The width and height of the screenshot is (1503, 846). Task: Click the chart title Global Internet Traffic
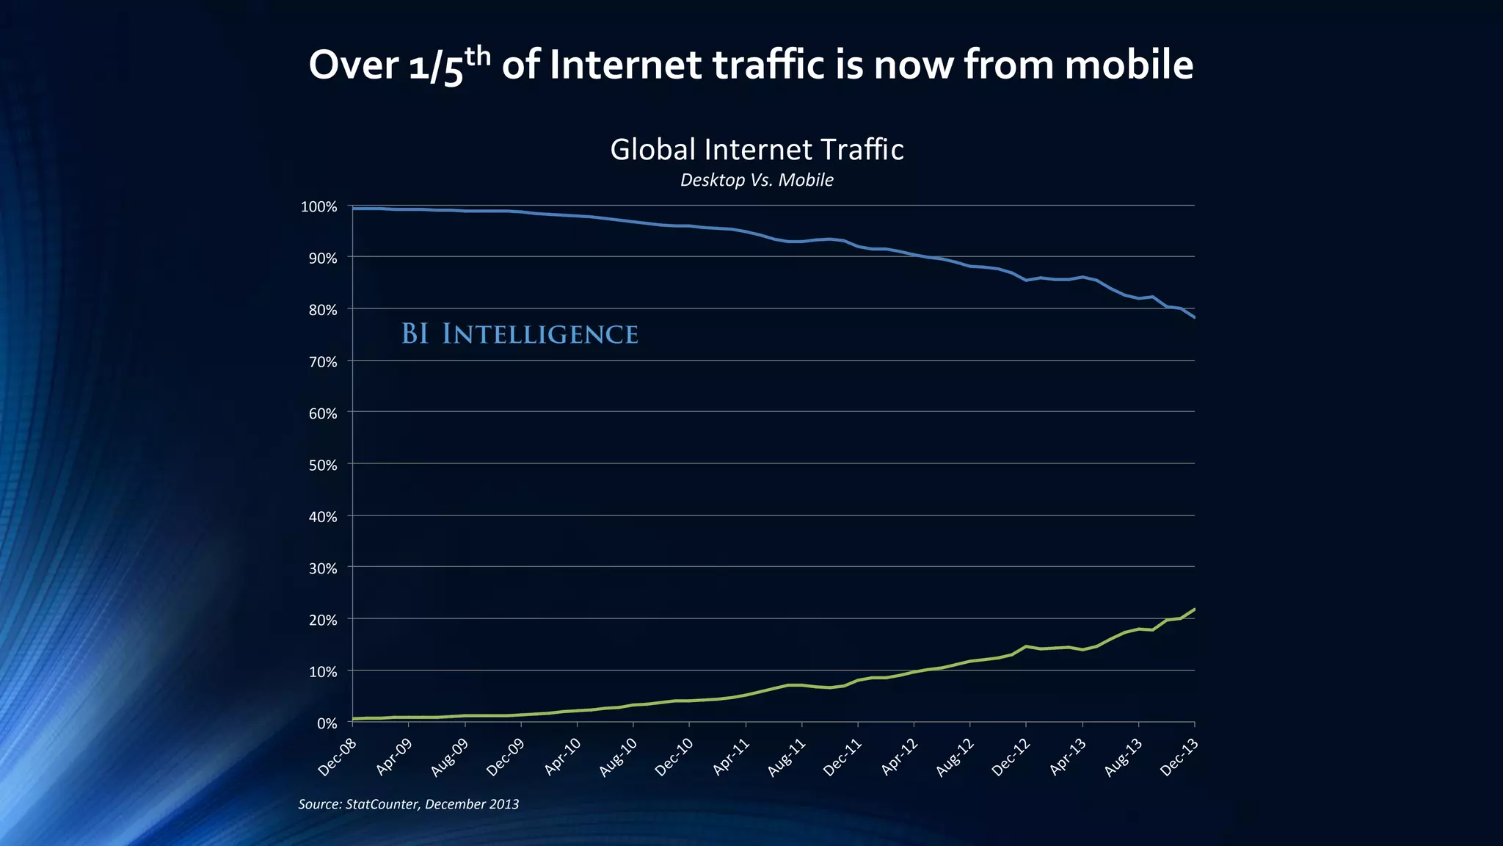[x=757, y=150]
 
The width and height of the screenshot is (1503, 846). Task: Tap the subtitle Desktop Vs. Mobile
[x=757, y=180]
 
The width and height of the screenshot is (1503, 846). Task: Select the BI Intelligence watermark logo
[x=520, y=334]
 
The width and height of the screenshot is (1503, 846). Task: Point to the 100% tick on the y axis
[x=319, y=206]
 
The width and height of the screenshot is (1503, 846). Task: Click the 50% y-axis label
[x=321, y=465]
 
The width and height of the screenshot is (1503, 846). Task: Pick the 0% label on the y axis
[x=326, y=723]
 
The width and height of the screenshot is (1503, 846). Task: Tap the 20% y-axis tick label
[x=321, y=620]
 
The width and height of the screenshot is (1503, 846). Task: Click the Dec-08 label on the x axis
[x=338, y=758]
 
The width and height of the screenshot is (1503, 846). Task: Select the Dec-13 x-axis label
[x=1179, y=758]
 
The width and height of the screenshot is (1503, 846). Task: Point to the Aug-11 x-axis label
[x=787, y=758]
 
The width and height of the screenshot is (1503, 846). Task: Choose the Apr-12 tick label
[x=900, y=758]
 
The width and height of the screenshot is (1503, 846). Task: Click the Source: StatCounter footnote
[x=408, y=804]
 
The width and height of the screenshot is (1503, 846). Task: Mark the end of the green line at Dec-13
[x=1194, y=609]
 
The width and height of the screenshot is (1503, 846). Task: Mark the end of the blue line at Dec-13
[x=1194, y=317]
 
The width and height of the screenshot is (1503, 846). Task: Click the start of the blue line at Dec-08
[x=354, y=209]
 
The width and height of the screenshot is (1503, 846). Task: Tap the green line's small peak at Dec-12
[x=1026, y=646]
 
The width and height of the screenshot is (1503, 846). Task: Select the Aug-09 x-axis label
[x=449, y=758]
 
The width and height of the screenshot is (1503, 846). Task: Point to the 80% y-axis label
[x=321, y=310]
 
